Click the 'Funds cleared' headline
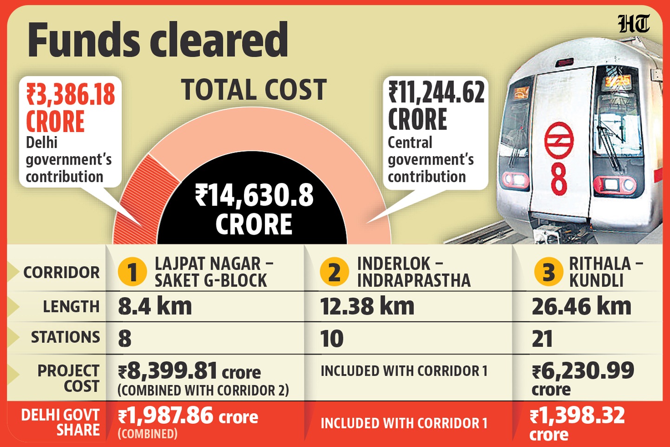tap(158, 40)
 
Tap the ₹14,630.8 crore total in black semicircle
tap(254, 209)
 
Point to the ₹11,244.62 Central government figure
tap(436, 92)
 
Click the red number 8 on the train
tap(559, 179)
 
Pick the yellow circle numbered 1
tap(132, 272)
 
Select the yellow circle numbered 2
tap(334, 272)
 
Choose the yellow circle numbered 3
tap(549, 272)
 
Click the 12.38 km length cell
tap(367, 307)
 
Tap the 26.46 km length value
tap(581, 307)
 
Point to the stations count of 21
tap(542, 339)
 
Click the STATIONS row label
tap(65, 337)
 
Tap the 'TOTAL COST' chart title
tap(254, 90)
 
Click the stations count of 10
tap(332, 339)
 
